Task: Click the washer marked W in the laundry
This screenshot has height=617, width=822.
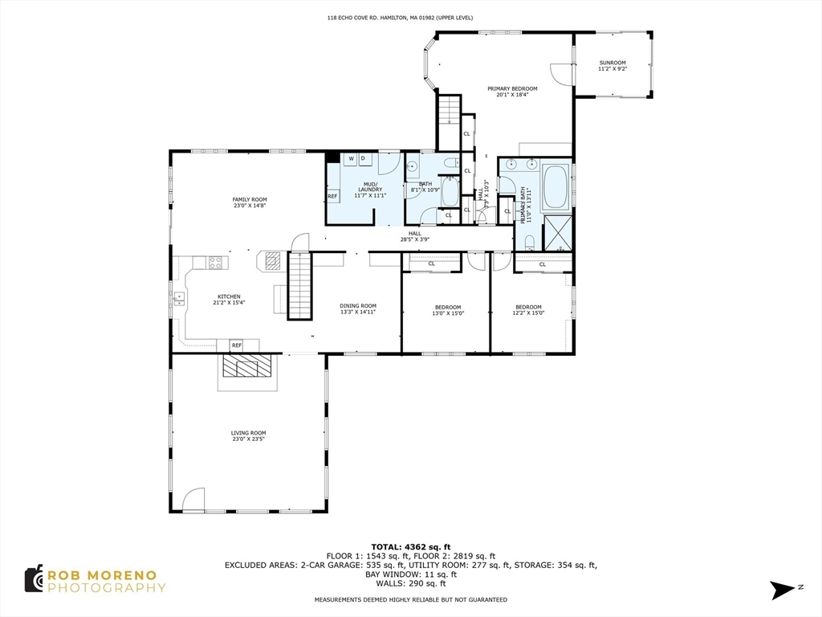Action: [x=351, y=159]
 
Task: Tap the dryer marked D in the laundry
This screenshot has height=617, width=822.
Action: [x=363, y=159]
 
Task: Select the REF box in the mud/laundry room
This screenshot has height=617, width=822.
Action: [x=332, y=196]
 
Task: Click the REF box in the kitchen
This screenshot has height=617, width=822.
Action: [x=237, y=345]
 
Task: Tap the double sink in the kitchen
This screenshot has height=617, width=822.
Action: [x=178, y=299]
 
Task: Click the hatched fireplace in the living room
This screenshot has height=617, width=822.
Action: [x=248, y=367]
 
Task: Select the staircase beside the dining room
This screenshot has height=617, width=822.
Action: [x=299, y=286]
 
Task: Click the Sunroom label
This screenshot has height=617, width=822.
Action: [x=612, y=63]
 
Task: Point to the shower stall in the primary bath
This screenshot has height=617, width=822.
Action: [x=557, y=232]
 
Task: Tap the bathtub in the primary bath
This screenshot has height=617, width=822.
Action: [x=555, y=186]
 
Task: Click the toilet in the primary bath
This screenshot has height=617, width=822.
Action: [x=529, y=243]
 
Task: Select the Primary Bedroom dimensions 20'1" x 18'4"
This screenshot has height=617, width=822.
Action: [x=512, y=95]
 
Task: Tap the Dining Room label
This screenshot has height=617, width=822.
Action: [x=358, y=305]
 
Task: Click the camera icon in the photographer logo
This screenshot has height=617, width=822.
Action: [x=33, y=578]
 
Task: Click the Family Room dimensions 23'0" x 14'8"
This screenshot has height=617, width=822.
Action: [x=250, y=206]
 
